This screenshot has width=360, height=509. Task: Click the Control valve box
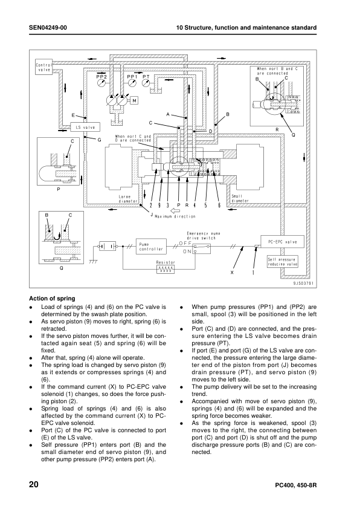[45, 66]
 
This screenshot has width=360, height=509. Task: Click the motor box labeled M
[135, 100]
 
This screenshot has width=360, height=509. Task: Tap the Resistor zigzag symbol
[166, 270]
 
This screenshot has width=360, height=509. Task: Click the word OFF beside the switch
[185, 243]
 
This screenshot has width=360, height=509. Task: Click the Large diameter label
[128, 198]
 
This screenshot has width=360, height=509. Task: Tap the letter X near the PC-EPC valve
[231, 273]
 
